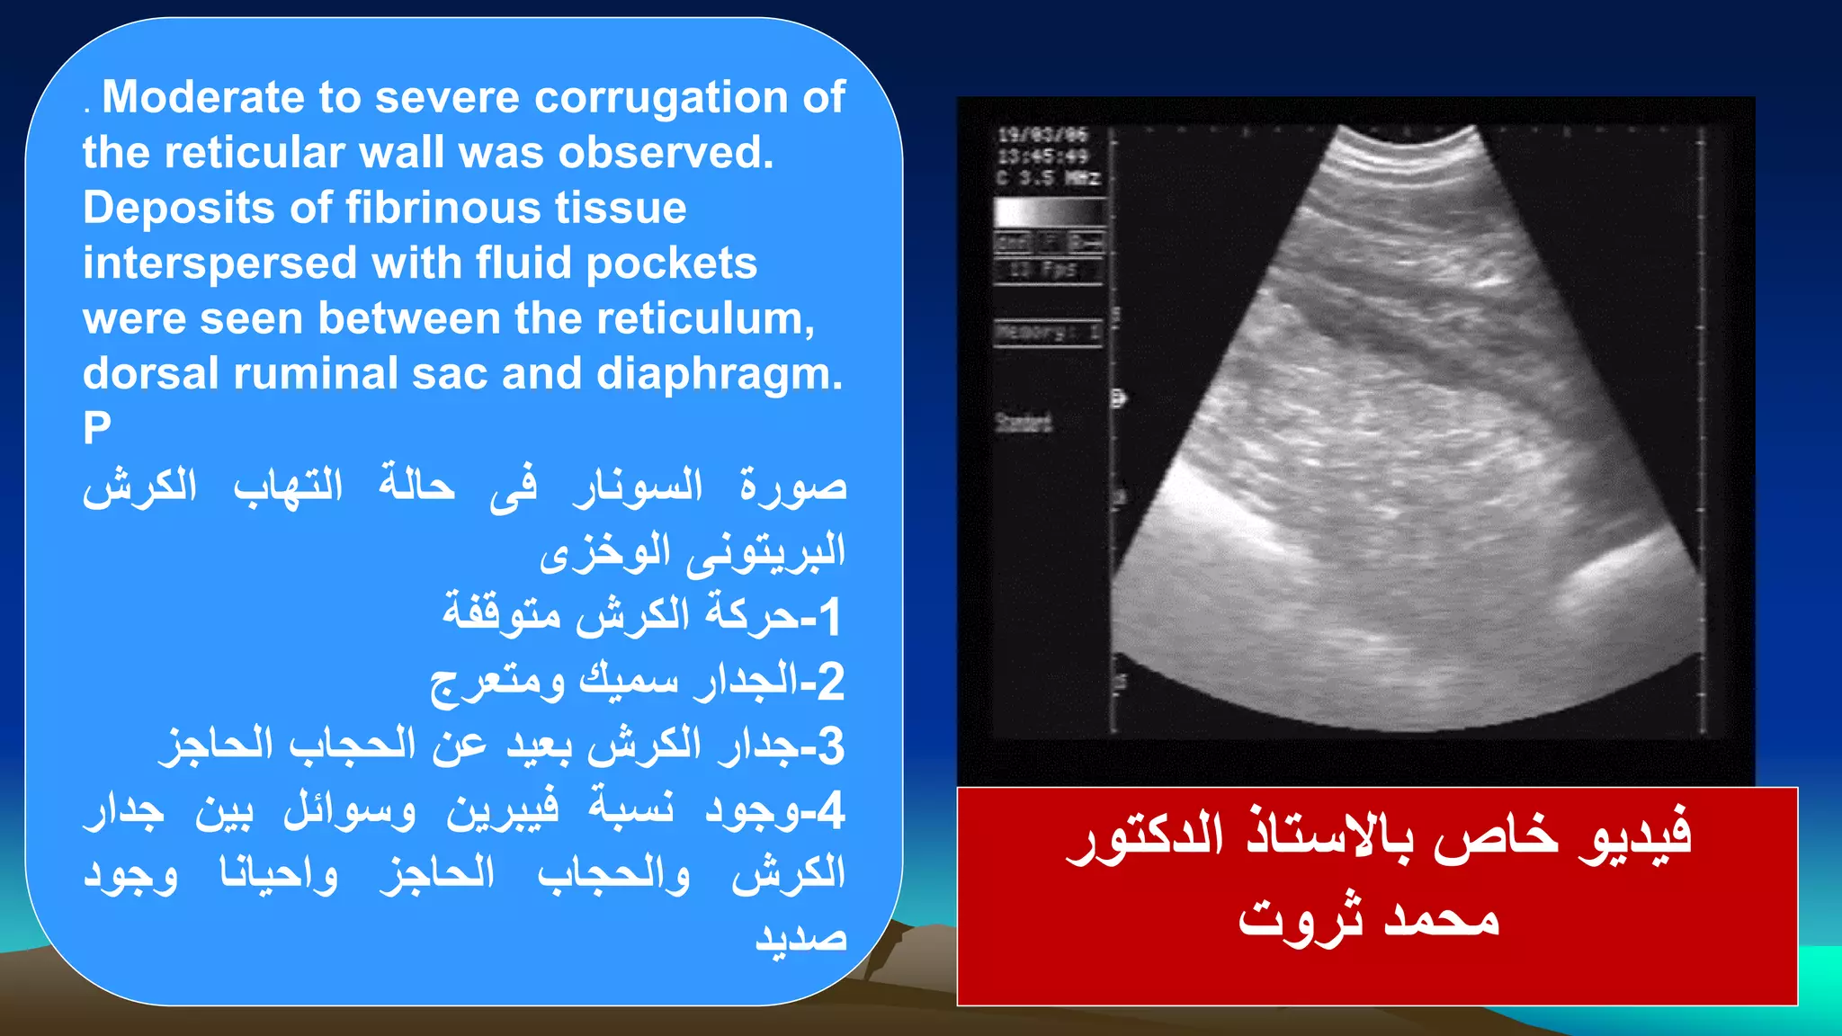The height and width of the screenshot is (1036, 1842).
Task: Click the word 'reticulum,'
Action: pyautogui.click(x=705, y=318)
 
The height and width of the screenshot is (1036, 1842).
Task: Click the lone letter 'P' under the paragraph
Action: pyautogui.click(x=97, y=428)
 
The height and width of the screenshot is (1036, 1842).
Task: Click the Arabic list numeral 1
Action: pyautogui.click(x=829, y=617)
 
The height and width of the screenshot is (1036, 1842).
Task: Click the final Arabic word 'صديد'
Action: pyautogui.click(x=800, y=939)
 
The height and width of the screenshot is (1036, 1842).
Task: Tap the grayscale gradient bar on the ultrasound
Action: pyautogui.click(x=1048, y=212)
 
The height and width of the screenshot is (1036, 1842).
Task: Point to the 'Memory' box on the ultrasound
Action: pyautogui.click(x=1048, y=333)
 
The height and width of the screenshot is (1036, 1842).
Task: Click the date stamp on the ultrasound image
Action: pyautogui.click(x=1043, y=136)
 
